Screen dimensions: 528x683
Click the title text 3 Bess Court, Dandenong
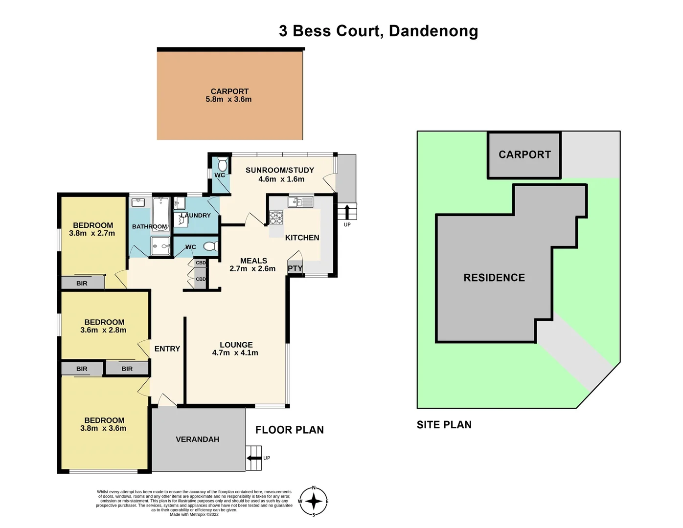[378, 31]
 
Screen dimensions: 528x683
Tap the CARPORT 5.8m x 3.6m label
[229, 95]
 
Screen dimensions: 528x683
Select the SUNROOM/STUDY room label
[280, 175]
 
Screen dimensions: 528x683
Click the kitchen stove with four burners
[276, 218]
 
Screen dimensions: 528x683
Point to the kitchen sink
[300, 201]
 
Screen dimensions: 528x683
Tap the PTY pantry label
[295, 268]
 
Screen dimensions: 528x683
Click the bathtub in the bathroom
[161, 213]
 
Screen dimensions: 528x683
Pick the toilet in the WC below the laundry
[210, 246]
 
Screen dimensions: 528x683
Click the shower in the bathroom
[160, 246]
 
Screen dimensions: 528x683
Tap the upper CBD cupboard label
[201, 263]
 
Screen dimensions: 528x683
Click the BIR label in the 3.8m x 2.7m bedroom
[82, 283]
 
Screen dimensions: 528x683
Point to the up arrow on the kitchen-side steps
[347, 212]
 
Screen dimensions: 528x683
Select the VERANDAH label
[197, 440]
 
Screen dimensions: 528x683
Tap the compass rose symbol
[314, 501]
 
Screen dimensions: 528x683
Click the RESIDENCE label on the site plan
[494, 278]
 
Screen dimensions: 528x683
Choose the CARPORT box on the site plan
[524, 155]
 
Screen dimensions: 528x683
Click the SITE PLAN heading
[444, 425]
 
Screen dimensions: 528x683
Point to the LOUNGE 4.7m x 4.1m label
[235, 349]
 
